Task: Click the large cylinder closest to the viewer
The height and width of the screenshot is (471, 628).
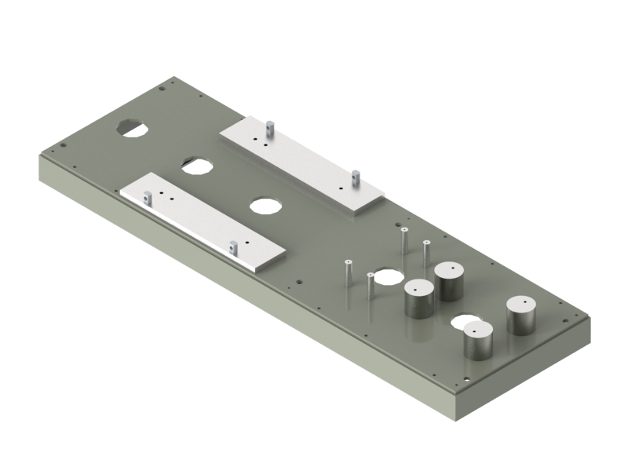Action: [477, 341]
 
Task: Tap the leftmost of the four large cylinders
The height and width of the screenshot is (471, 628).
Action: [418, 298]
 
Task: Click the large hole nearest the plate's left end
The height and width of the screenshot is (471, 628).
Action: [133, 126]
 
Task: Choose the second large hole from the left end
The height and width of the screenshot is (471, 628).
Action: [196, 166]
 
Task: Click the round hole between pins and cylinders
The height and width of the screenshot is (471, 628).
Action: [387, 277]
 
